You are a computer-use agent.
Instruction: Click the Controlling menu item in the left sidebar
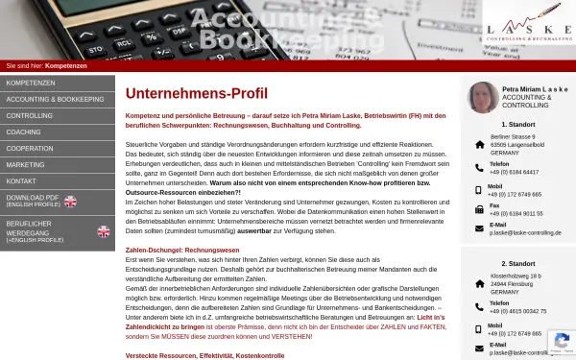click(30, 115)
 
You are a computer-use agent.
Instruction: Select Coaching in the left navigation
click(24, 132)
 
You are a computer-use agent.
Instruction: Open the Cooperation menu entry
click(30, 148)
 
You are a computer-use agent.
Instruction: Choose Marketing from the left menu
click(26, 164)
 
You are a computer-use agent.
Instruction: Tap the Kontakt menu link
click(22, 180)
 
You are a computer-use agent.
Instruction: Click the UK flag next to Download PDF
click(70, 201)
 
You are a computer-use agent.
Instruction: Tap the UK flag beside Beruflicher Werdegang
click(104, 231)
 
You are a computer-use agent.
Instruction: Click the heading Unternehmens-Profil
click(197, 93)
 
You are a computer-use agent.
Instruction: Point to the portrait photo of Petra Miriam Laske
click(483, 97)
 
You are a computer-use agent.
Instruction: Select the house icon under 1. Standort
click(480, 145)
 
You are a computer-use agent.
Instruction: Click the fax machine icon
click(480, 208)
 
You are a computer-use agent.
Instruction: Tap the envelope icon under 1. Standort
click(480, 228)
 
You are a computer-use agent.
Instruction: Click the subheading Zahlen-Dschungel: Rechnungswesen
click(181, 250)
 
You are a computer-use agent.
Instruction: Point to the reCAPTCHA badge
click(561, 343)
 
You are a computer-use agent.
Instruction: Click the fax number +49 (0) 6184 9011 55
click(516, 213)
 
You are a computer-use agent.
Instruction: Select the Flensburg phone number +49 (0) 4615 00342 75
click(517, 311)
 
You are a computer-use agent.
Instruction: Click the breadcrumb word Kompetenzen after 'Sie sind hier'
click(66, 65)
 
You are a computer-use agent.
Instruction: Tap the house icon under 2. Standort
click(480, 283)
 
